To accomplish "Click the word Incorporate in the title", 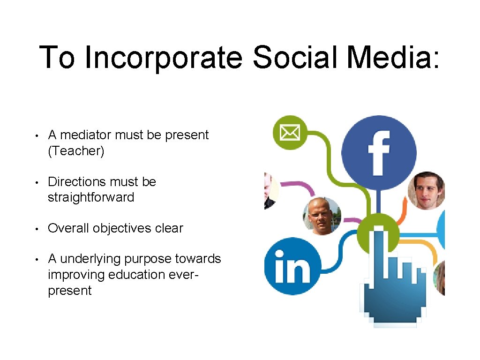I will coord(164,57).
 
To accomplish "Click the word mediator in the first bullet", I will coord(86,135).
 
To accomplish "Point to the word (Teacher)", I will coord(76,151).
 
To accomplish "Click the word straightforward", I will coord(91,197).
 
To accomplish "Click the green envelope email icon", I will coord(290,133).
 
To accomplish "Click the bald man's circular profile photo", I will coord(322,216).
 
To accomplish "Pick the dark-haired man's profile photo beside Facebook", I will coord(426,190).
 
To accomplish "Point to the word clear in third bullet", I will coord(169,228).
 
